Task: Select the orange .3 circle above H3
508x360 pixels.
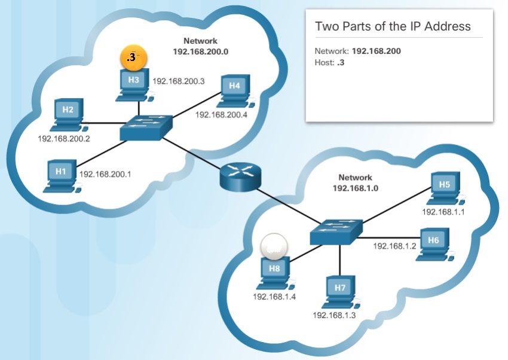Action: [x=133, y=58]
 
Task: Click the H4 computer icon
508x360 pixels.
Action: [x=235, y=90]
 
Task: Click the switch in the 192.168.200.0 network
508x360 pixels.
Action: [x=145, y=127]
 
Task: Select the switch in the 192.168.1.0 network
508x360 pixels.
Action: [x=336, y=231]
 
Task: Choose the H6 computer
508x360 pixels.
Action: [x=434, y=244]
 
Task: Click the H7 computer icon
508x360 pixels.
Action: [x=341, y=292]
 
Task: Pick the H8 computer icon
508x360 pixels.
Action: [x=274, y=272]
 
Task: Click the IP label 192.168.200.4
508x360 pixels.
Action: [x=221, y=115]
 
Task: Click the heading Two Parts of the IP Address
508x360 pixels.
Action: [x=393, y=26]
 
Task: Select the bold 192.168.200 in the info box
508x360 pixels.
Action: [x=377, y=51]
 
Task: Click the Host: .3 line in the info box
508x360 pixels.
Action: [x=329, y=62]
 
